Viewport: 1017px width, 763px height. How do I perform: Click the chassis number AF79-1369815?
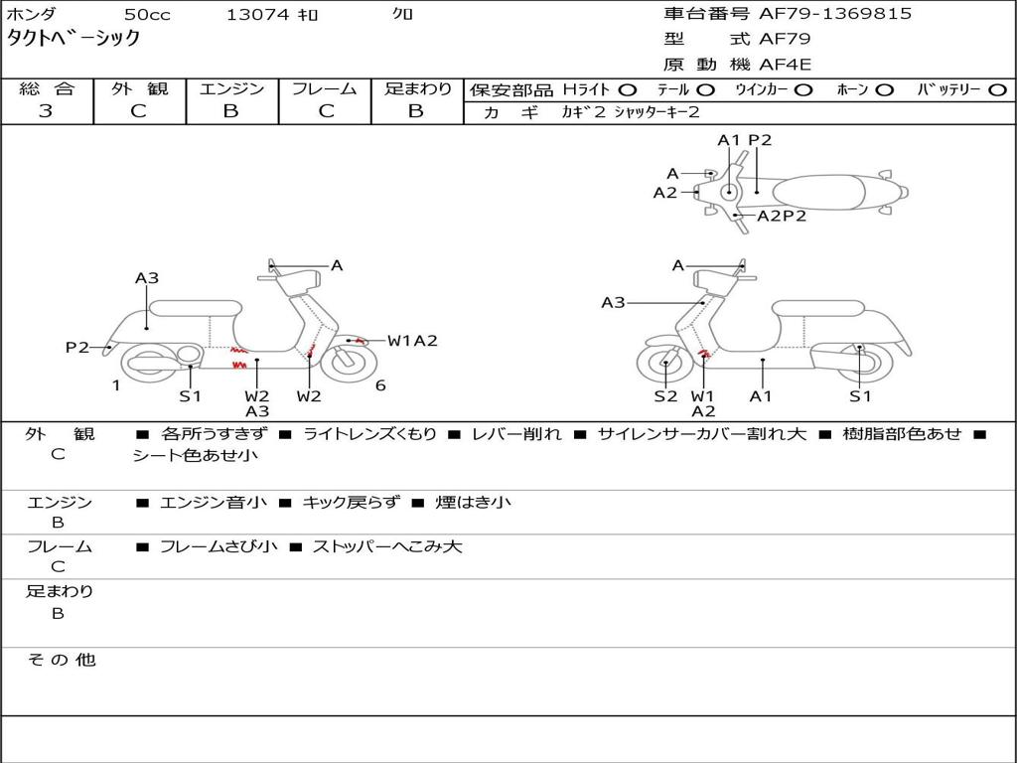click(x=835, y=14)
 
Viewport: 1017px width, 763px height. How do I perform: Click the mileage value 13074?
click(x=257, y=14)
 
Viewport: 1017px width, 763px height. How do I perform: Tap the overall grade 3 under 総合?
click(x=46, y=111)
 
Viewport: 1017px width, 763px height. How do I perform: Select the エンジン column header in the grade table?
click(x=231, y=88)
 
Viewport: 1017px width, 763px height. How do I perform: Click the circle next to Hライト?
click(x=628, y=89)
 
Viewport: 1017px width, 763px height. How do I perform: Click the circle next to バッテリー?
click(x=997, y=89)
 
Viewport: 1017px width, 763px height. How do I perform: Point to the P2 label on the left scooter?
click(x=77, y=347)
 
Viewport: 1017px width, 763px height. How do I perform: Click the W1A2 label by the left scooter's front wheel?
click(x=412, y=341)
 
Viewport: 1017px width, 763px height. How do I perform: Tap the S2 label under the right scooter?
click(x=665, y=395)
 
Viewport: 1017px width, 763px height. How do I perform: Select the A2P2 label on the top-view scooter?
click(x=782, y=216)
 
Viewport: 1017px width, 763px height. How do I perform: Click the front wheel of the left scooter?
click(x=349, y=363)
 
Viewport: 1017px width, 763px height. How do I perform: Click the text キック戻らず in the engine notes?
click(x=351, y=502)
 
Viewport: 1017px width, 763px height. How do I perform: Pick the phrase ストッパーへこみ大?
click(x=387, y=546)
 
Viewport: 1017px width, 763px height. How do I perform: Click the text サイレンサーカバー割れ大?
click(x=702, y=433)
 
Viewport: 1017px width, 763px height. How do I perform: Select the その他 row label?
click(x=62, y=660)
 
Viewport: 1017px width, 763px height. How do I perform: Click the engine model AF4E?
click(x=785, y=65)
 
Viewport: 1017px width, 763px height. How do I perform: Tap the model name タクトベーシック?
click(x=73, y=38)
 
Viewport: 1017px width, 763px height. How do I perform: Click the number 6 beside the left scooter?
click(x=380, y=385)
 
